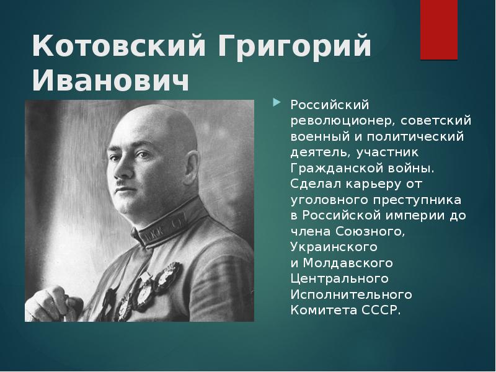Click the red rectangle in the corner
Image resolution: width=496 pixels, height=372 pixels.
tap(439, 30)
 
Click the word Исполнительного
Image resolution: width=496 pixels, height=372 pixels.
tap(352, 294)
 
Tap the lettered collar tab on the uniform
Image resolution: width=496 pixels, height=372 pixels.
tap(159, 234)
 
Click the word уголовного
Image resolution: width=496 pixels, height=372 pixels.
tap(327, 200)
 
